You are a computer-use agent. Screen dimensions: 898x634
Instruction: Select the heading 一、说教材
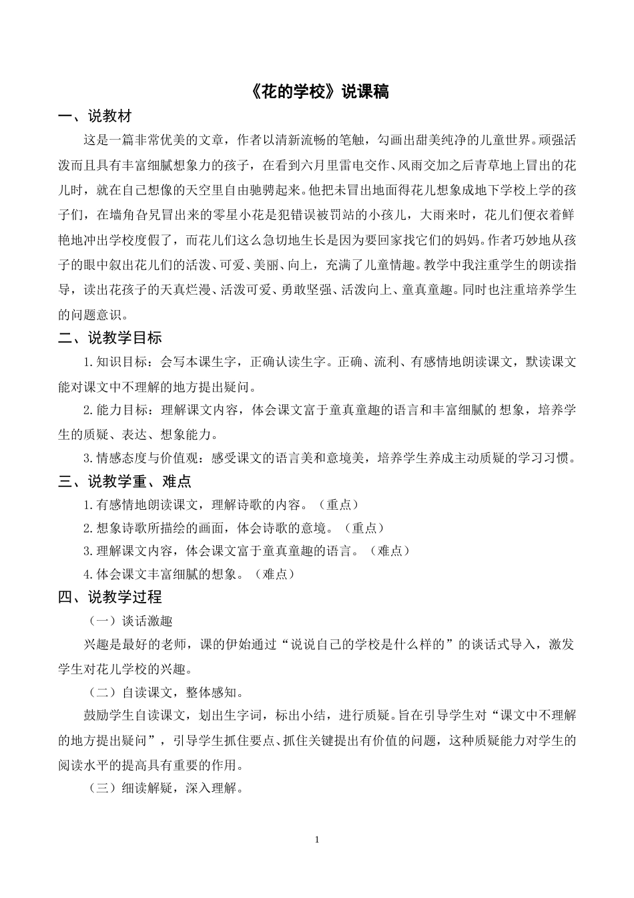95,117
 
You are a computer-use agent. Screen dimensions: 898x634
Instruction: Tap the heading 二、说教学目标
110,338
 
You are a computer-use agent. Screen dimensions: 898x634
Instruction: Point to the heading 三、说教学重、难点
125,481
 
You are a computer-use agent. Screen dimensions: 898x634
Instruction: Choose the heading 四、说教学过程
110,597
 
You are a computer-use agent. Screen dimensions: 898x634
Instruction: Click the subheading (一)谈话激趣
131,621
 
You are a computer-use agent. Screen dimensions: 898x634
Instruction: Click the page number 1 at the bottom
317,839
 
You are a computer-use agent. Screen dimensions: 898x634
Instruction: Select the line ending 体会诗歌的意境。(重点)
234,528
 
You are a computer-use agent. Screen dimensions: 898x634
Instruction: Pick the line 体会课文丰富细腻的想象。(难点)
189,574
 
